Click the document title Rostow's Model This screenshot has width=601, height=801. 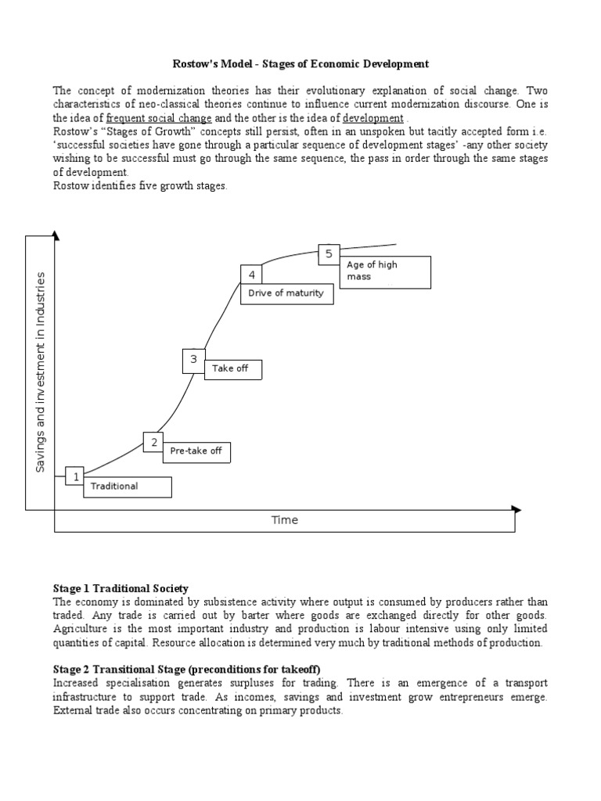tap(300, 63)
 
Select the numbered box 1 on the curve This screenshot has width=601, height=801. tap(75, 476)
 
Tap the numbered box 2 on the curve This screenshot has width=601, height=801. tap(153, 442)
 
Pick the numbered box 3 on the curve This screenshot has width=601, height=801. tap(193, 360)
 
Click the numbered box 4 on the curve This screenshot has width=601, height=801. tap(251, 275)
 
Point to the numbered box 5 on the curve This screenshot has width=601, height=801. tap(329, 253)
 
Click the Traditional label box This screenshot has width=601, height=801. tap(128, 487)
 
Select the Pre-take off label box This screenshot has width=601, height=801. tap(196, 451)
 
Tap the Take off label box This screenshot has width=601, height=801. tap(232, 368)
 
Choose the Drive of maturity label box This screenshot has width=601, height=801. tap(287, 293)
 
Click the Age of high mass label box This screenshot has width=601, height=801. tap(387, 271)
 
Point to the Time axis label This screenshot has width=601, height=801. tap(284, 520)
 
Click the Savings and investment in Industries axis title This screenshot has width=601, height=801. tap(41, 372)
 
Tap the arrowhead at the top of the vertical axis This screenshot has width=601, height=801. tap(54, 235)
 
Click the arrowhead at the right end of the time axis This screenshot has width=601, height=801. tap(515, 509)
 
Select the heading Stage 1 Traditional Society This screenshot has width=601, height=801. tap(121, 588)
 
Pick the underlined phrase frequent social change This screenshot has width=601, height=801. tap(159, 117)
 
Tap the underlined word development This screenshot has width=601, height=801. tap(373, 117)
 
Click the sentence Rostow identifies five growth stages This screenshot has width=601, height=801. tap(140, 185)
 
